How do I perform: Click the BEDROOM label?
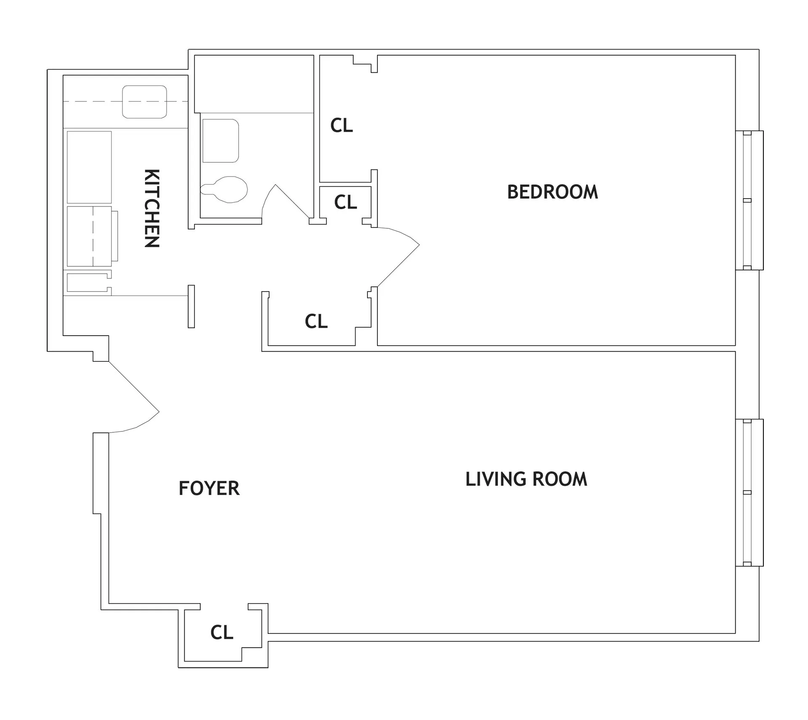tap(552, 192)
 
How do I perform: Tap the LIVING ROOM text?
tap(526, 479)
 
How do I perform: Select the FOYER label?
tap(209, 488)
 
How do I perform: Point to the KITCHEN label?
tap(152, 208)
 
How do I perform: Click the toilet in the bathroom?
tap(225, 189)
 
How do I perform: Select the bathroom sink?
tap(221, 141)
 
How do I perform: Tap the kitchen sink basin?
tap(144, 102)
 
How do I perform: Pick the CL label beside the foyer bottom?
tap(222, 632)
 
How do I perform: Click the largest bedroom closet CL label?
tap(341, 125)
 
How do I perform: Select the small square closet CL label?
tap(346, 202)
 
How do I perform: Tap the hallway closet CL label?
tap(316, 321)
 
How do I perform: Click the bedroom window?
tap(749, 200)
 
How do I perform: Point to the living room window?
tap(749, 492)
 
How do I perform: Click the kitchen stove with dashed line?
tap(89, 236)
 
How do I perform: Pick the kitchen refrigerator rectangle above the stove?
tap(89, 167)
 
